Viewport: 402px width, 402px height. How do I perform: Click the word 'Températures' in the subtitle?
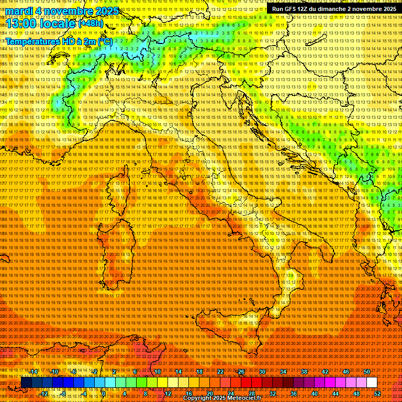pyautogui.click(x=33, y=41)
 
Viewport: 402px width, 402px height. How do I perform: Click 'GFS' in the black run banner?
pyautogui.click(x=293, y=9)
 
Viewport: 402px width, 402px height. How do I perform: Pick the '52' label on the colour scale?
pyautogui.click(x=377, y=393)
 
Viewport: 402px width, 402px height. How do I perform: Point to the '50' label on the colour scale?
pyautogui.click(x=366, y=372)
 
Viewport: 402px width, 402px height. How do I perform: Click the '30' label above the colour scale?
pyautogui.click(x=262, y=372)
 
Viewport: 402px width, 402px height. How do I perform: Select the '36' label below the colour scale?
pyautogui.click(x=293, y=393)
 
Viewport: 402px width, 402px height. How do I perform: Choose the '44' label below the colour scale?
pyautogui.click(x=335, y=393)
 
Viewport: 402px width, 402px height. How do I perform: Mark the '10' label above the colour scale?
pyautogui.click(x=157, y=372)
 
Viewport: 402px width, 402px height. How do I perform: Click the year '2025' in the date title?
pyautogui.click(x=104, y=11)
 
